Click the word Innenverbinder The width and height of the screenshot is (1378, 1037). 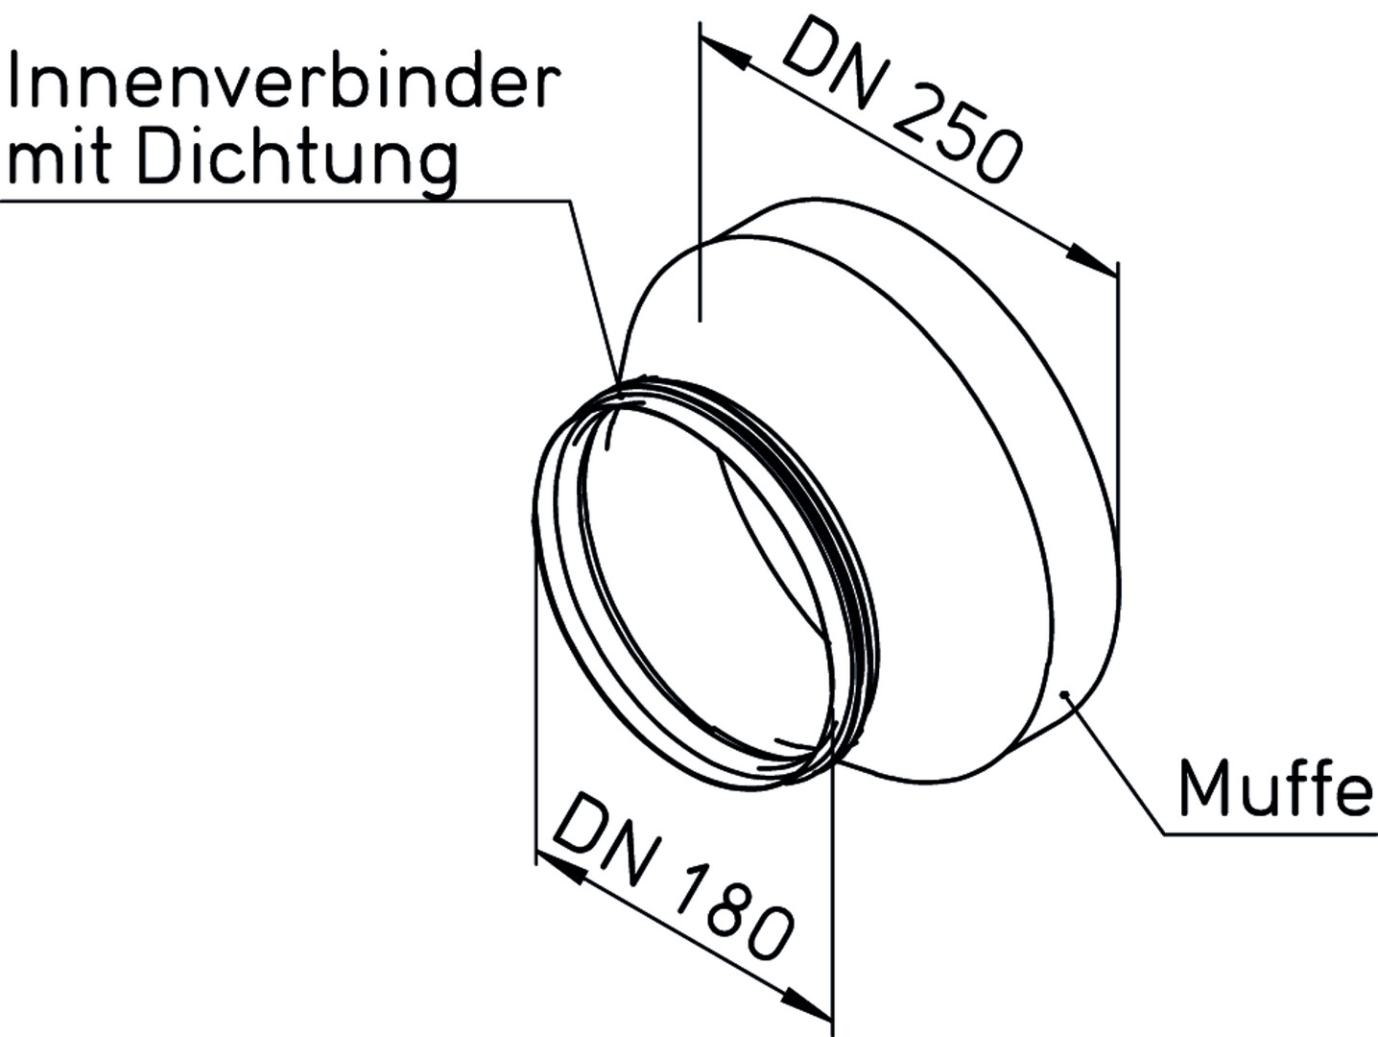tap(284, 81)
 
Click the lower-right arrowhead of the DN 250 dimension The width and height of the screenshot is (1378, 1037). tap(1092, 259)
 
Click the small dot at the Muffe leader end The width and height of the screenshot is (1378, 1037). tap(1064, 694)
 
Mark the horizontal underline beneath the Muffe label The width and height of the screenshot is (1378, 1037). tap(1271, 834)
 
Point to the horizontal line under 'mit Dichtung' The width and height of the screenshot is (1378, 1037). tap(285, 201)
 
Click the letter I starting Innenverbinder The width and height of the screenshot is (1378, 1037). tap(13, 81)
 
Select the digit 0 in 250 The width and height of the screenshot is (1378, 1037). tap(998, 157)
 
